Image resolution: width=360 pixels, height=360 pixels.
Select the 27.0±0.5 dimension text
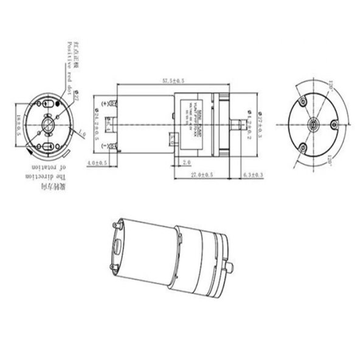click(x=202, y=175)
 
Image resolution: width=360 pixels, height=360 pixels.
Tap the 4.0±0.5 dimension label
click(x=97, y=164)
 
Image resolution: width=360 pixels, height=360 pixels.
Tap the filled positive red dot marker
click(x=58, y=103)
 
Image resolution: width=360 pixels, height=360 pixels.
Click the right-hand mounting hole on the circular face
click(x=332, y=125)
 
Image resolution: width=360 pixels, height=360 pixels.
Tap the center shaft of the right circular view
click(x=313, y=125)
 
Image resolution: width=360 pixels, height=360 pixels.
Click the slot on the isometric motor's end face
click(x=116, y=247)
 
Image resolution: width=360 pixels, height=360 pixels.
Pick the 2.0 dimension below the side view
click(x=187, y=162)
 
